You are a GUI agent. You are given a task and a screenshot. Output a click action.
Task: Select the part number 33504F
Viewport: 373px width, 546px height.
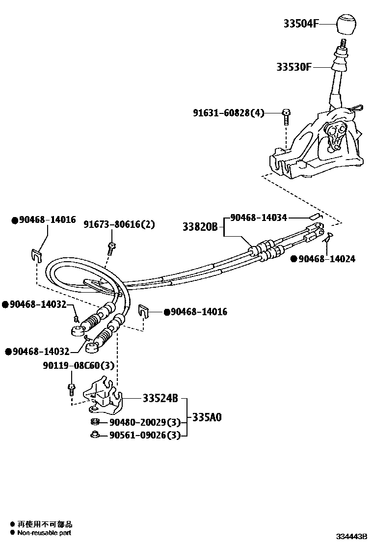click(301, 23)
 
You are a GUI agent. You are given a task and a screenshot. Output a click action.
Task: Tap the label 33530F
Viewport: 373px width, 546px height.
click(293, 67)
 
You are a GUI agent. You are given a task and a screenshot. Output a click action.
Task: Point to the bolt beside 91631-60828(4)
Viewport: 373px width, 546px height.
click(287, 116)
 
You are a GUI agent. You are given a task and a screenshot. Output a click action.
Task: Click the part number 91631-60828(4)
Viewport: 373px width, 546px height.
click(228, 113)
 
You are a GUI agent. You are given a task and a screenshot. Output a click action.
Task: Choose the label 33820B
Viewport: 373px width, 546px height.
click(200, 227)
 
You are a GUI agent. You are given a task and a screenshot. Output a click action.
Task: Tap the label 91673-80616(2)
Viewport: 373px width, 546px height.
click(119, 224)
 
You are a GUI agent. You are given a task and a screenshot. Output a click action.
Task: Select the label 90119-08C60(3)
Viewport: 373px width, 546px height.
click(79, 365)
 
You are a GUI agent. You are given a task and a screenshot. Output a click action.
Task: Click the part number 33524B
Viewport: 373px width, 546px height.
click(160, 398)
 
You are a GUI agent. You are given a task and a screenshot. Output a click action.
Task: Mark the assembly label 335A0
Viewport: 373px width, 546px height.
click(207, 417)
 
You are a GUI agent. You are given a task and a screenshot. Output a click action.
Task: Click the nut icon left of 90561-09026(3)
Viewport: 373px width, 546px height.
click(95, 434)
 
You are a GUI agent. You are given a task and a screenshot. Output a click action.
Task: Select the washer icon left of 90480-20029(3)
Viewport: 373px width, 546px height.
click(95, 422)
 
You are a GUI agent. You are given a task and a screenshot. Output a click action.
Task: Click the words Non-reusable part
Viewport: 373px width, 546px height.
click(45, 532)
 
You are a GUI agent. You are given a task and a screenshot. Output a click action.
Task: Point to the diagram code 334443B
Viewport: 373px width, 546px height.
click(351, 536)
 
